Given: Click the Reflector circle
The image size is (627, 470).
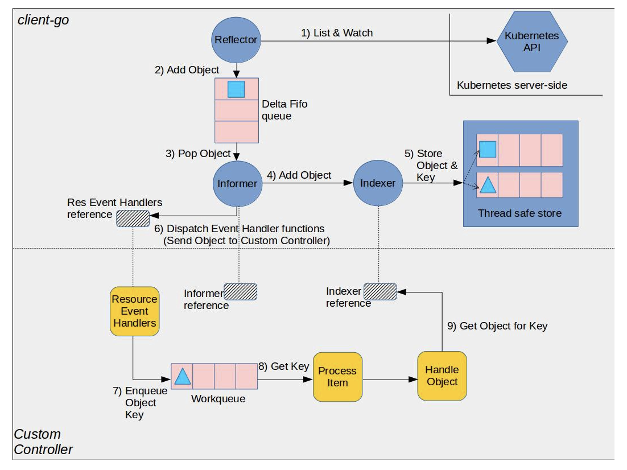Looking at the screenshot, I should click(x=236, y=40).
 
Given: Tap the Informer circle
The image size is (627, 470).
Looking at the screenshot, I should click(x=237, y=183).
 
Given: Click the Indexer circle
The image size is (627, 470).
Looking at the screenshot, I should click(x=378, y=183).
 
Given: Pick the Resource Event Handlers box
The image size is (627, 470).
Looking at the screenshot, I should click(x=134, y=311).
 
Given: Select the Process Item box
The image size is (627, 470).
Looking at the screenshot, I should click(x=337, y=377).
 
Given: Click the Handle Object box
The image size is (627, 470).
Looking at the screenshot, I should click(x=442, y=376).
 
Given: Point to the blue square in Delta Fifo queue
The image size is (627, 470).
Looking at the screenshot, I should click(x=236, y=89).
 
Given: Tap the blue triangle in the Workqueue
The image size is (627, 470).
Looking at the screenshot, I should click(x=182, y=376).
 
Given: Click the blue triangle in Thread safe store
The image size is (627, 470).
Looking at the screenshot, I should click(x=487, y=185).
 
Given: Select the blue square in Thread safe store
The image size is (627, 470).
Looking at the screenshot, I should click(x=487, y=150).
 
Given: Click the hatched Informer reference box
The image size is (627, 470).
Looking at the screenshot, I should click(x=240, y=292).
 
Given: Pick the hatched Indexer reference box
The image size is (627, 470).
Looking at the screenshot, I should click(x=381, y=291).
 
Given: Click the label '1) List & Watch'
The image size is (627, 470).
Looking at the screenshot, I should click(x=337, y=33).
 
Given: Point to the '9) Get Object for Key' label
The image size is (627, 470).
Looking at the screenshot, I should click(x=497, y=326).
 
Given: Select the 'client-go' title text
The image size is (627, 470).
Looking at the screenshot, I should click(x=43, y=20).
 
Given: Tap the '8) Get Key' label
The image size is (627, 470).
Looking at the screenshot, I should click(x=283, y=366).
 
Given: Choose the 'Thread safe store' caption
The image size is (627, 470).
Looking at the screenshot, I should click(x=519, y=213).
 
